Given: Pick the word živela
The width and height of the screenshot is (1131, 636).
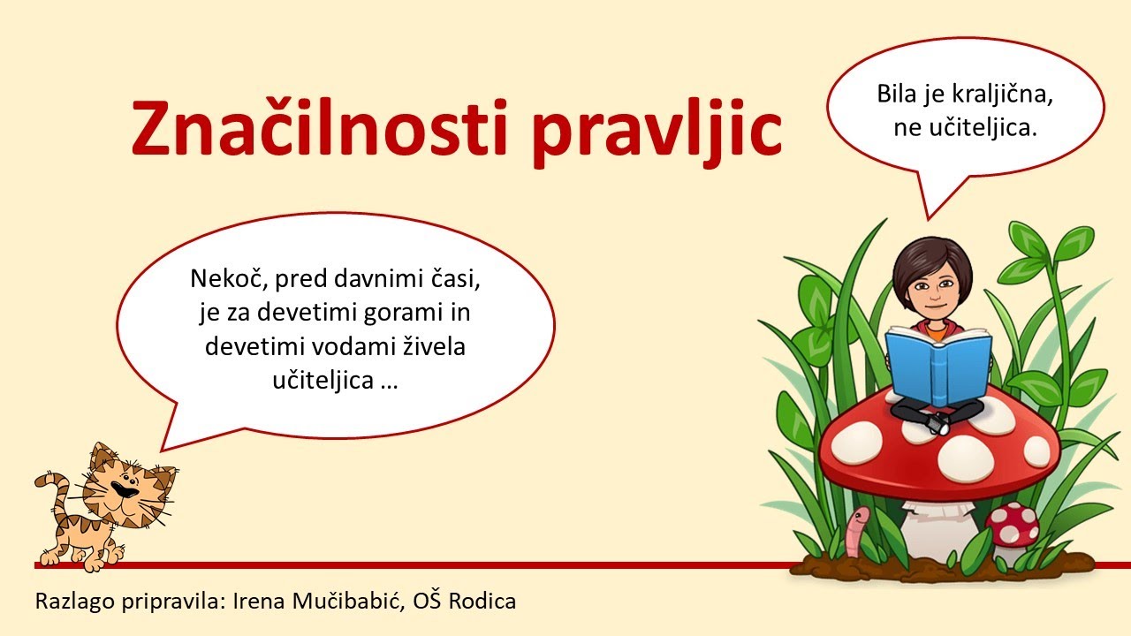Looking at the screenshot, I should [435, 346].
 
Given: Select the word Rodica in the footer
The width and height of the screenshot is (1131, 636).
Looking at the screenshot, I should [482, 602].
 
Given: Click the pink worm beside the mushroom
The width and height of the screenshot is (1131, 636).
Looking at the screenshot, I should [855, 530].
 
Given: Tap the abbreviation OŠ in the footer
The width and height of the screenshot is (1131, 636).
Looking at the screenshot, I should [429, 602].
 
